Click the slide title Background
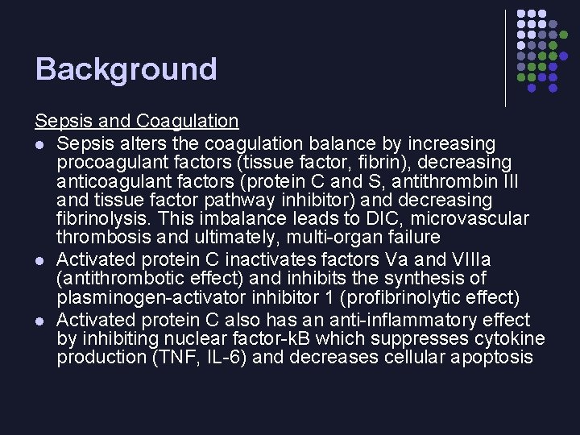[x=126, y=69]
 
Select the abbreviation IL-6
[x=230, y=357]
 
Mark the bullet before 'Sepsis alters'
[x=39, y=144]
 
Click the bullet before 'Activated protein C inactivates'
[x=39, y=260]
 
